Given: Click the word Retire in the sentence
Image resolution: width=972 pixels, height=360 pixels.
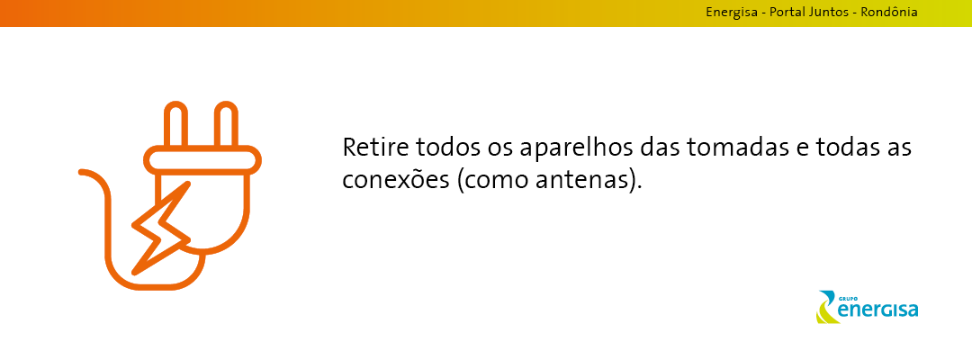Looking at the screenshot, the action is tap(375, 148).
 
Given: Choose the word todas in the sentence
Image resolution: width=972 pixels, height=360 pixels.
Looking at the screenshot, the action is tap(848, 148).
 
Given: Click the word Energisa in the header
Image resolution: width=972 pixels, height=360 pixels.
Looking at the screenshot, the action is tap(732, 13).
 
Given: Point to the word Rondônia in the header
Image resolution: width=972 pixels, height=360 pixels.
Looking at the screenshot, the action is tap(889, 12).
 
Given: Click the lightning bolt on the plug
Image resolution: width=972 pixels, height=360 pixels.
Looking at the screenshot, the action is tap(160, 229).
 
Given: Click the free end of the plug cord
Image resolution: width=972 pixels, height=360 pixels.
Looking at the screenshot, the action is tap(81, 172).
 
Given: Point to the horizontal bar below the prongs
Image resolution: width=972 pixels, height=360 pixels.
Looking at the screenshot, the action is tap(202, 160).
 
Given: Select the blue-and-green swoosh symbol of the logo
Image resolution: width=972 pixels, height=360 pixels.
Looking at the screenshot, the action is tap(826, 307).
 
